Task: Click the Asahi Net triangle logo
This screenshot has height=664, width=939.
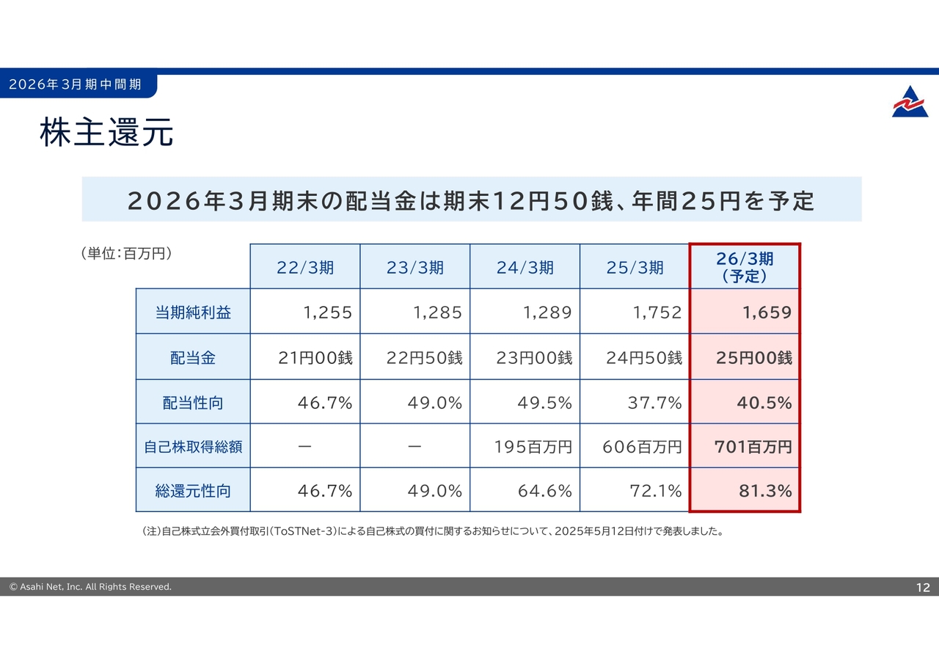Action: (910, 102)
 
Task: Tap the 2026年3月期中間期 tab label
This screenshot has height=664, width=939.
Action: (75, 84)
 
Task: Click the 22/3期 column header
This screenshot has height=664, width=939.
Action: (305, 268)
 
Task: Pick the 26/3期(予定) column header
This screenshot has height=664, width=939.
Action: (745, 267)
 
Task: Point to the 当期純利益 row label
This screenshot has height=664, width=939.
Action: (193, 313)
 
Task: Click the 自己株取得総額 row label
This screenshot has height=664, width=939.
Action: (193, 446)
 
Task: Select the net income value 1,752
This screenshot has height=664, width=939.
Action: (657, 313)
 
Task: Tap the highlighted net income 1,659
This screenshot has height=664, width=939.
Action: (767, 313)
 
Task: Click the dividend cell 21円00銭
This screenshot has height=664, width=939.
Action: (315, 358)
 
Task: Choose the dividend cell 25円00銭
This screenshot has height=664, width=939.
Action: (753, 358)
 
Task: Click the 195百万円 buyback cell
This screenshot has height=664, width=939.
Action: (534, 446)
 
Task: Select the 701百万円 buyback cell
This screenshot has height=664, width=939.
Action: (753, 446)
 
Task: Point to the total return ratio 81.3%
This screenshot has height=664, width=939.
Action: (765, 491)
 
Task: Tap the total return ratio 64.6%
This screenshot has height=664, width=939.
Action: (544, 491)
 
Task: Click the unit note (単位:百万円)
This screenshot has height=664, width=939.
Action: (125, 254)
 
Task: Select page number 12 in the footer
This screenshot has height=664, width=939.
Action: (922, 587)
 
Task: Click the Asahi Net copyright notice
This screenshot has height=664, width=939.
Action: (90, 587)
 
